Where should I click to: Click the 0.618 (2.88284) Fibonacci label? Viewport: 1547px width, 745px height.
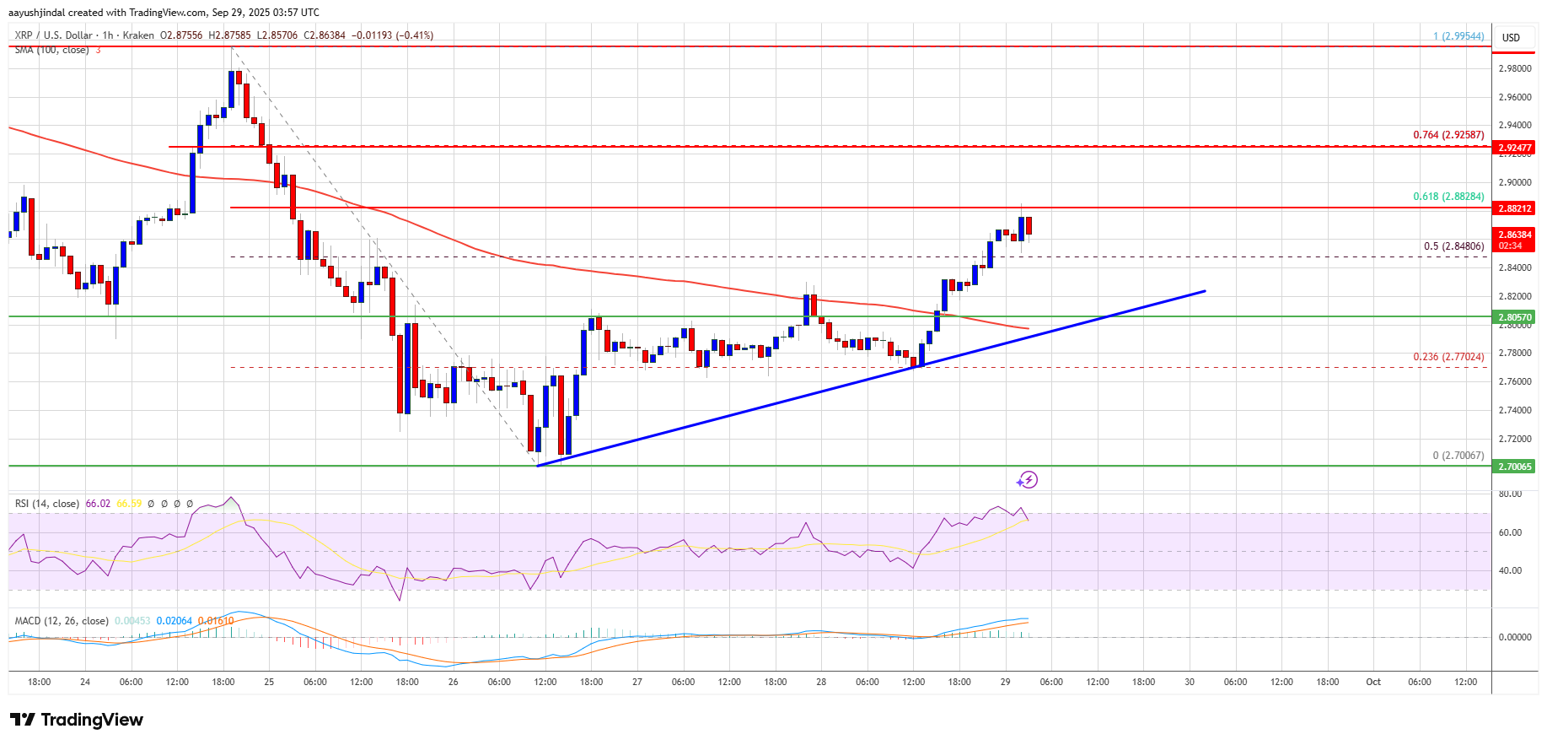tap(1448, 197)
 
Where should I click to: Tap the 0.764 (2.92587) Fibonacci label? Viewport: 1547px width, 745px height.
tap(1448, 135)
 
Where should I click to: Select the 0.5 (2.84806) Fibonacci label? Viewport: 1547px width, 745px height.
tap(1453, 246)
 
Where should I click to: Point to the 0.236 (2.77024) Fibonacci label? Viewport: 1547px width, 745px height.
tap(1448, 357)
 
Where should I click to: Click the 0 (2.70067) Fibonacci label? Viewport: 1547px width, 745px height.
tap(1458, 456)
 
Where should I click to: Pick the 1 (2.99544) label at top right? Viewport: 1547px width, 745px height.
tap(1458, 36)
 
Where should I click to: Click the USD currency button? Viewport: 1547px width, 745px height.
tap(1511, 38)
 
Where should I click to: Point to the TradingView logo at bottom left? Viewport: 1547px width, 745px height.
tap(77, 720)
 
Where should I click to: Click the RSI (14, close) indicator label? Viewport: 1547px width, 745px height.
tap(47, 504)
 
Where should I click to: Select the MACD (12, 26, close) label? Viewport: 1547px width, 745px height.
tap(62, 621)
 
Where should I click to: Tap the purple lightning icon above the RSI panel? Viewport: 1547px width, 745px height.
tap(1027, 480)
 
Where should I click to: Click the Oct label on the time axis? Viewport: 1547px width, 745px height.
tap(1373, 682)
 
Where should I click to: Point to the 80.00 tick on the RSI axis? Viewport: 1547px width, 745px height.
tap(1510, 494)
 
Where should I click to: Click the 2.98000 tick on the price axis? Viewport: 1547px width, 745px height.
tap(1514, 69)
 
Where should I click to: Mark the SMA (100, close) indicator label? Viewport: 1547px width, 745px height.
tap(51, 51)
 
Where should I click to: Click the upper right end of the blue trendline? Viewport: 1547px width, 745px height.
tap(1204, 291)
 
